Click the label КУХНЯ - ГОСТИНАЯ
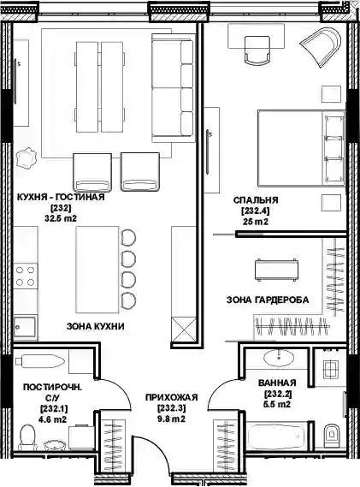click(x=61, y=197)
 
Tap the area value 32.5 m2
click(x=61, y=218)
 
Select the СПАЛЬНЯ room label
click(x=256, y=200)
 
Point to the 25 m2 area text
click(x=256, y=222)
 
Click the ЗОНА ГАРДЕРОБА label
click(x=268, y=300)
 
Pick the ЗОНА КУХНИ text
click(x=95, y=326)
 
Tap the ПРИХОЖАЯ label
click(x=171, y=397)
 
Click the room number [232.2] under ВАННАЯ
click(x=278, y=394)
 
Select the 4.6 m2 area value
click(x=53, y=419)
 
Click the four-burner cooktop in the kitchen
click(x=26, y=276)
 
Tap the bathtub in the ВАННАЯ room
click(x=277, y=437)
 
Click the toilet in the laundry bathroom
click(x=27, y=437)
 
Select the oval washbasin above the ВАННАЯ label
click(x=279, y=358)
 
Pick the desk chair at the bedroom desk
click(x=257, y=50)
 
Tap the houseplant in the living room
click(x=26, y=157)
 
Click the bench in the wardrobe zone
click(x=277, y=270)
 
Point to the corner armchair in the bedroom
click(x=321, y=46)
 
